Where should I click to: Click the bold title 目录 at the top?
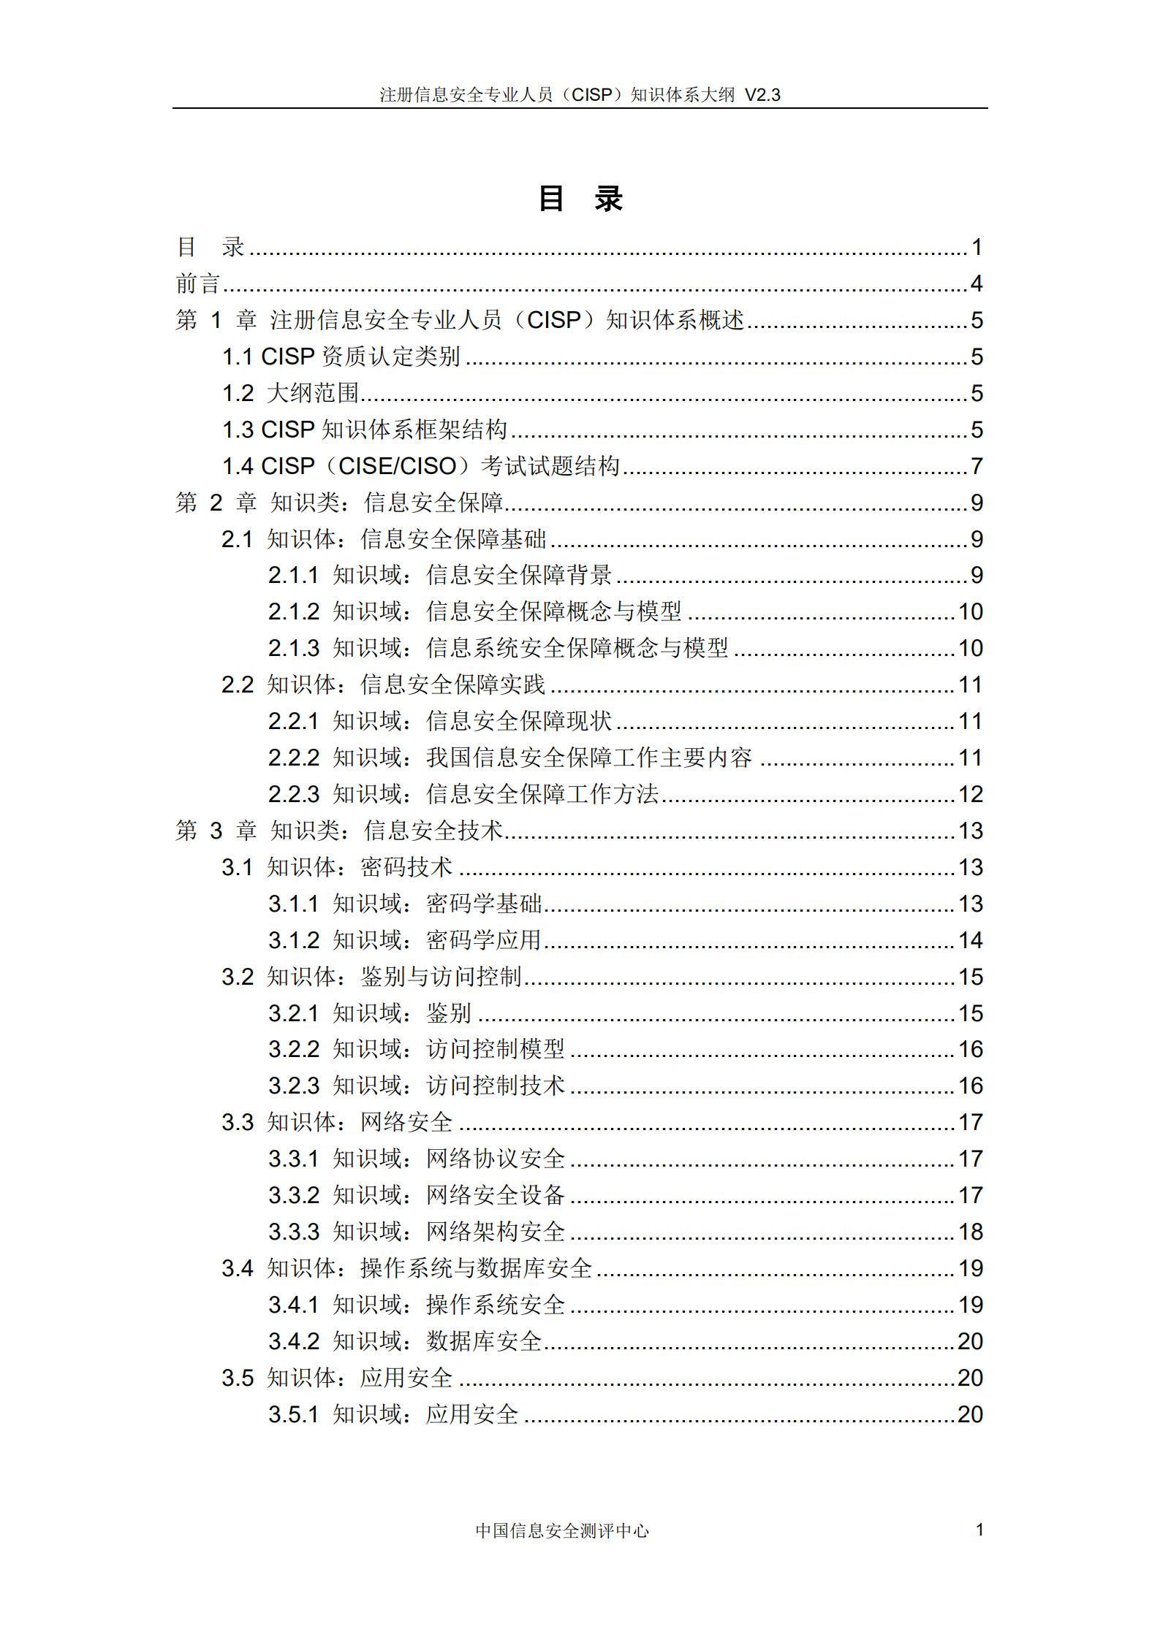pos(580,199)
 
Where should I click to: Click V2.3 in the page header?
pos(762,95)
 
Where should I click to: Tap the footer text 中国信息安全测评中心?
pos(561,1530)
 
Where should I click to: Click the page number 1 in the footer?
pos(979,1530)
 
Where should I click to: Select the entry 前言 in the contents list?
pos(197,283)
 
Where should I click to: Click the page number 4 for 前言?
pos(977,283)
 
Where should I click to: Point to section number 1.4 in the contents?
pos(238,466)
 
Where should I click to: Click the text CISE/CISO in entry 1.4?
pos(397,466)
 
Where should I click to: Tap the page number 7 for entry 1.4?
pos(977,466)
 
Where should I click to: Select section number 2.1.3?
pos(294,648)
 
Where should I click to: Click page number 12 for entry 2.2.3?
pos(971,794)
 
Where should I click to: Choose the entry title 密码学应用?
pos(483,940)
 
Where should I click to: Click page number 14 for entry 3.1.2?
pos(971,940)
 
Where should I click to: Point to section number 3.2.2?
pos(294,1050)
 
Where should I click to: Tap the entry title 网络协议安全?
pos(495,1159)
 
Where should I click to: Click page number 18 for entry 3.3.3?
pos(971,1232)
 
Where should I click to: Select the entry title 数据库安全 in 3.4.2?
pos(483,1341)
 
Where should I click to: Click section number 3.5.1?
pos(294,1414)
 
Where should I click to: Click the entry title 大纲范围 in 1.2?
pos(313,393)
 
